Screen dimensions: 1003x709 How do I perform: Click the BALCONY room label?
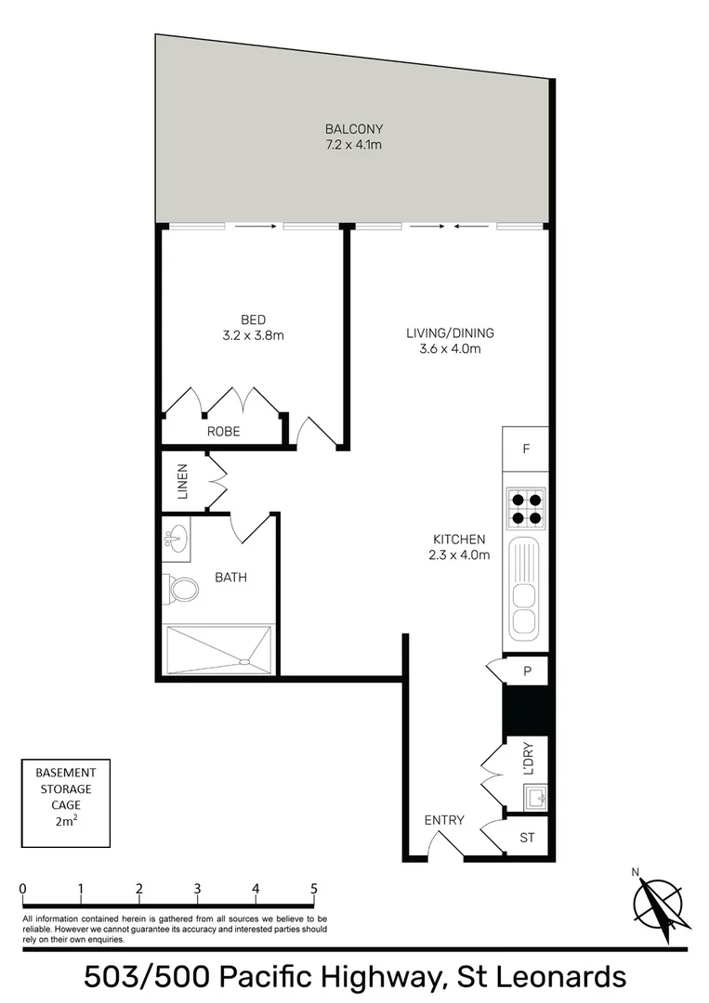(x=353, y=129)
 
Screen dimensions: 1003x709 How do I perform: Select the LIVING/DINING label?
(x=450, y=332)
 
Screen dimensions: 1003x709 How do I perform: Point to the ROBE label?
(x=223, y=432)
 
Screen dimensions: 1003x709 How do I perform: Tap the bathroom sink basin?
(x=176, y=538)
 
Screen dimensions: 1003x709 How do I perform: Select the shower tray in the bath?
(x=219, y=648)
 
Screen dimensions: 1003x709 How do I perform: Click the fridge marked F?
(x=526, y=449)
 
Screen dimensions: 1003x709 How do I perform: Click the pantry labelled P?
(x=527, y=670)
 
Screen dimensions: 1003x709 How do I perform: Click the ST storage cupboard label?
(x=527, y=838)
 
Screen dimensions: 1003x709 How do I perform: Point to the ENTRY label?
(x=444, y=820)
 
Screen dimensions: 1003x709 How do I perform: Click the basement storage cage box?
(x=65, y=802)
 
